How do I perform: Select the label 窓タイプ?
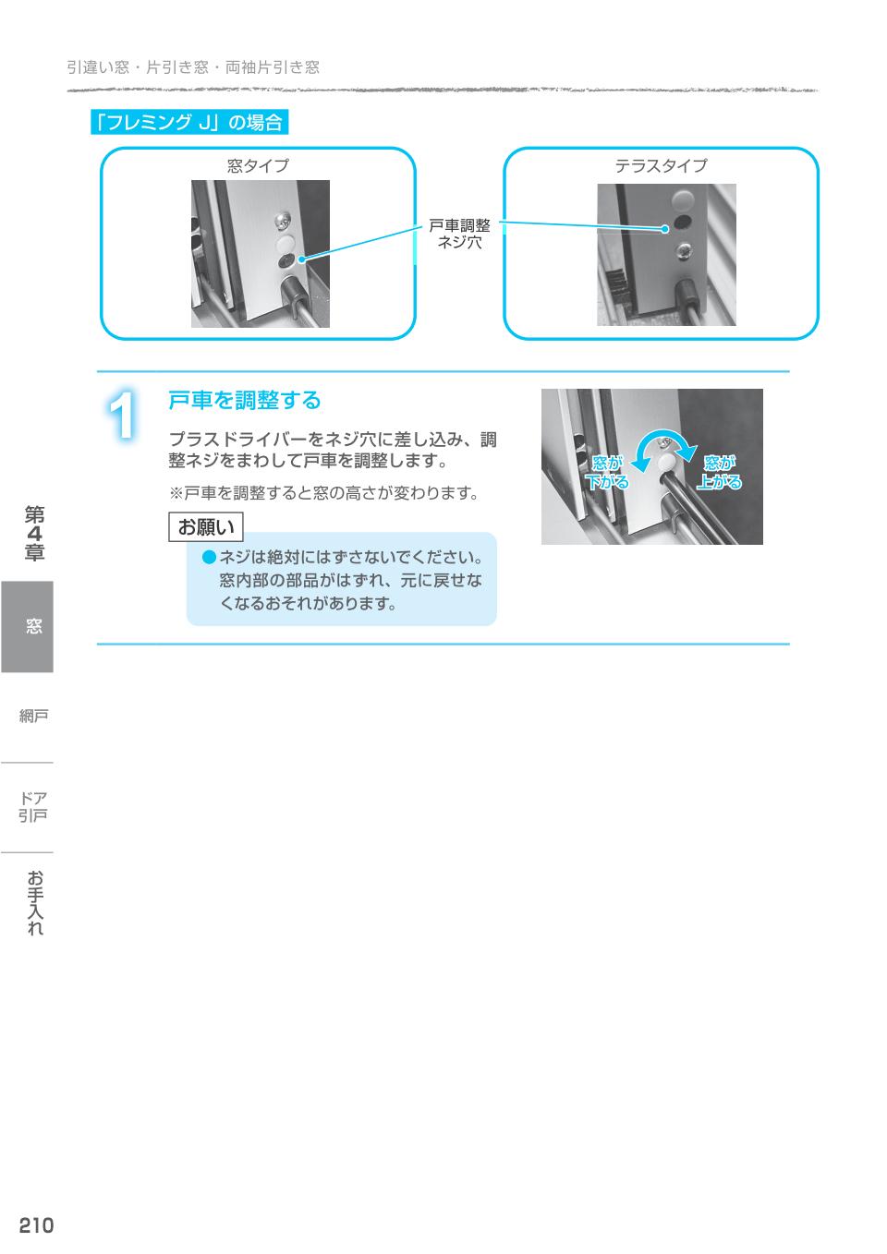click(258, 166)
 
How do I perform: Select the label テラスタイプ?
click(661, 166)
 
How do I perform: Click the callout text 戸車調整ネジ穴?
click(459, 235)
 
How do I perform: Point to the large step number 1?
click(123, 417)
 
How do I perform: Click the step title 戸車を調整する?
click(244, 401)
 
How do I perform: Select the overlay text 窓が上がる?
click(719, 473)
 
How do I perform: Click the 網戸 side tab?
click(34, 716)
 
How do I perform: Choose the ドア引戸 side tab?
click(33, 806)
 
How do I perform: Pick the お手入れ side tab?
click(34, 902)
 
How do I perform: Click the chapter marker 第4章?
click(34, 533)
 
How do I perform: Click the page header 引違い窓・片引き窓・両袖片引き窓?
click(193, 66)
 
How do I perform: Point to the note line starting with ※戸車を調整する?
click(322, 493)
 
